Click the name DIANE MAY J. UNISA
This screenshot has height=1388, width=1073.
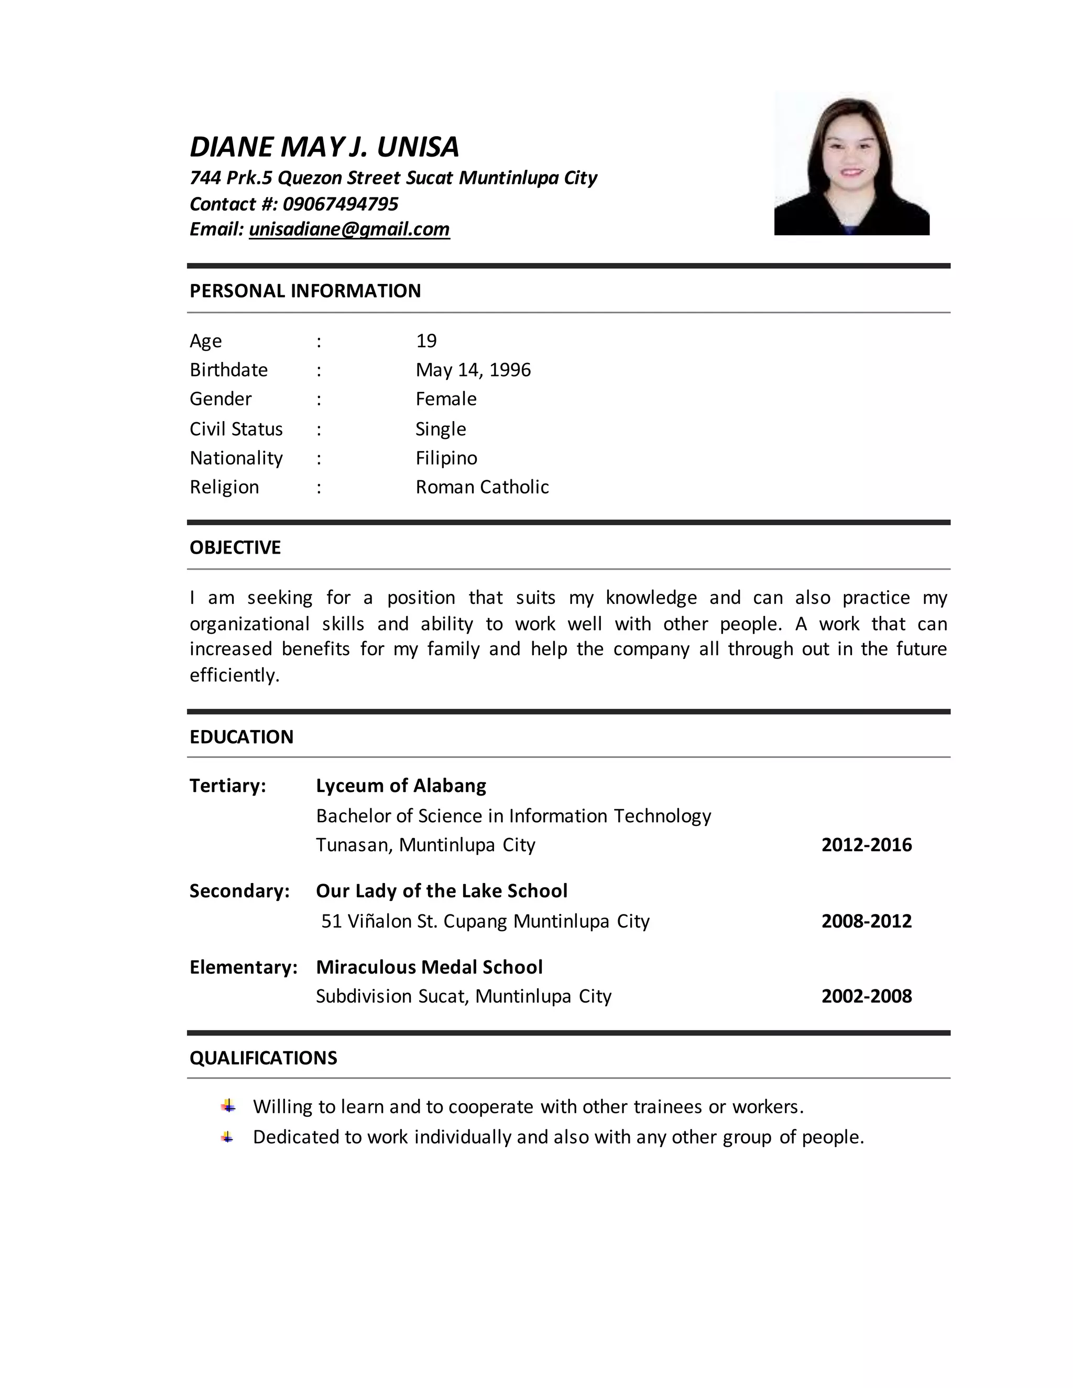point(324,147)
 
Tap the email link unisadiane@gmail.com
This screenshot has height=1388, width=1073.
point(349,229)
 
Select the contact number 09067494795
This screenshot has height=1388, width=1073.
point(340,203)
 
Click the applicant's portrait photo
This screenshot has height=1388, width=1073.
point(851,164)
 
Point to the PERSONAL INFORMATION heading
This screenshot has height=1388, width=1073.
point(305,291)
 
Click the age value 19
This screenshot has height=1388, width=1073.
point(426,342)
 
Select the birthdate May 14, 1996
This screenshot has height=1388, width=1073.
point(473,370)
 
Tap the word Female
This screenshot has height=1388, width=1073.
point(446,399)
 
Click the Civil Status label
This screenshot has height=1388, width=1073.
point(236,429)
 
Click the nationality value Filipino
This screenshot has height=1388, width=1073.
point(446,458)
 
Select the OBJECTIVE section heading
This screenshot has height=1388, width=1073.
point(235,548)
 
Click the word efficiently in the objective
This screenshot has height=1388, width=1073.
point(235,675)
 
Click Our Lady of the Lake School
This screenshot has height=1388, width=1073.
point(441,891)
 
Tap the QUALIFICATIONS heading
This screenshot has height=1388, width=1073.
point(263,1058)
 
